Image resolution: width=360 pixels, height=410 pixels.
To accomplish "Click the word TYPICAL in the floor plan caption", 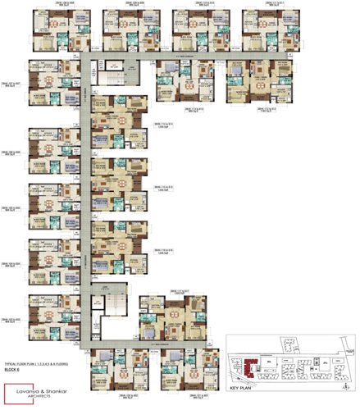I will (x=11, y=362).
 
